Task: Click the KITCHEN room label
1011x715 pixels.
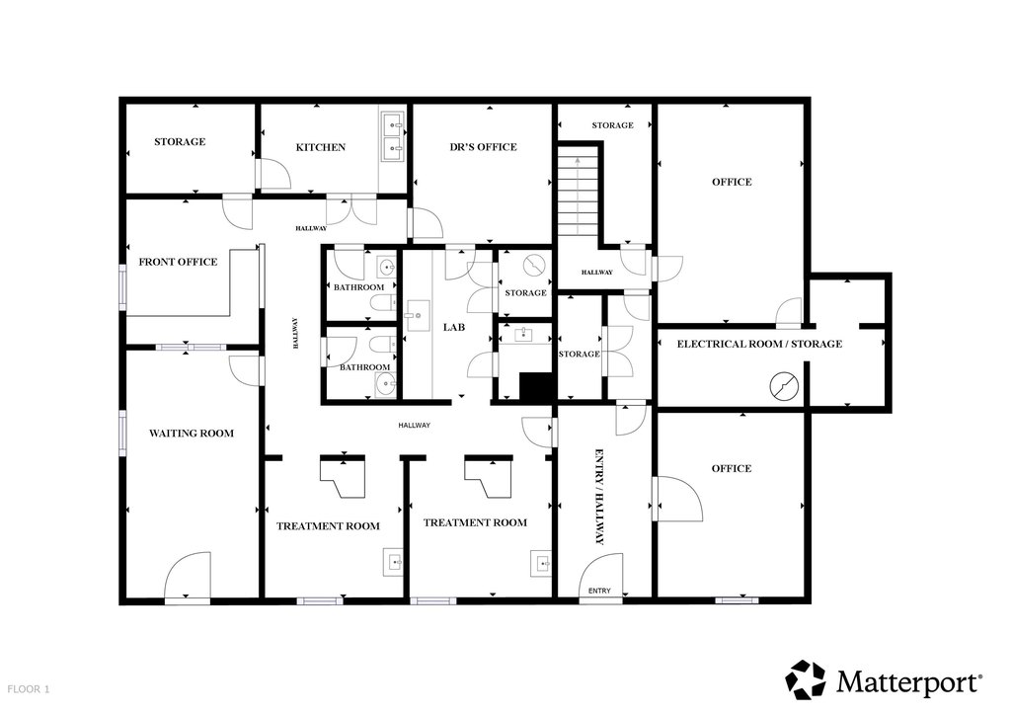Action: (x=321, y=148)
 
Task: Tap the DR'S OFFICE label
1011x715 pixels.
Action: (x=483, y=147)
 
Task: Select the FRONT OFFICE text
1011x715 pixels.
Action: (x=178, y=262)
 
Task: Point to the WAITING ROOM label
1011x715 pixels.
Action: (x=192, y=434)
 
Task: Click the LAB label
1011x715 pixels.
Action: (x=454, y=328)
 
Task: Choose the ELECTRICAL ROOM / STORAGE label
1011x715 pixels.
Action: (x=759, y=345)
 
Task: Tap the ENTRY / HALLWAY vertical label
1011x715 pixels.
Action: (x=599, y=497)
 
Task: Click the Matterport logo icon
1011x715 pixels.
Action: (x=806, y=679)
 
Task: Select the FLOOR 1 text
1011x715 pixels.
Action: (x=29, y=689)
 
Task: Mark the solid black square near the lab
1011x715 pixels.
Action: (x=537, y=387)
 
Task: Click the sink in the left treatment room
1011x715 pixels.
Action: (x=393, y=562)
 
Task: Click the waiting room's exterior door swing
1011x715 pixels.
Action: (x=188, y=576)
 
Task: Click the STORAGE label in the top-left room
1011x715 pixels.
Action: (x=180, y=142)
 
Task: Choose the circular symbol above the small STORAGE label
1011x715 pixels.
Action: (x=534, y=265)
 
